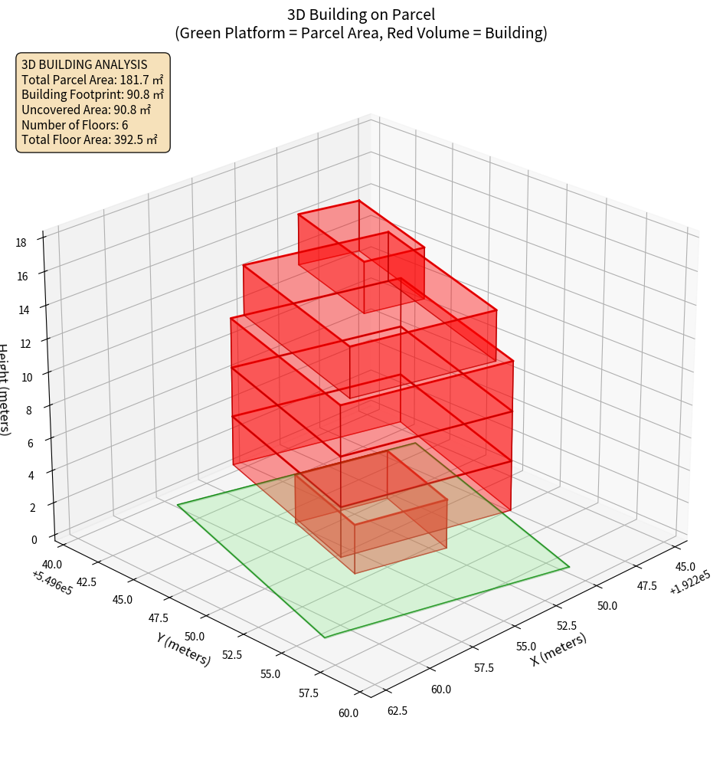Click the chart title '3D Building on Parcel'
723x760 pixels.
pos(361,14)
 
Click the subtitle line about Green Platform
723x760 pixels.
pos(361,33)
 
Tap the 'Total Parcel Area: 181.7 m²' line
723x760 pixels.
pos(93,80)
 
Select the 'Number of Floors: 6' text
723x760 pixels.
pos(75,125)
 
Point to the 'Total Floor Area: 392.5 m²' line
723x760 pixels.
pos(90,140)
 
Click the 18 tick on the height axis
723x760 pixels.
pos(21,243)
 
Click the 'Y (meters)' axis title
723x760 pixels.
pos(184,649)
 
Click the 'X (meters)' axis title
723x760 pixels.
pos(559,649)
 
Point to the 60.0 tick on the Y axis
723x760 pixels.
pos(348,713)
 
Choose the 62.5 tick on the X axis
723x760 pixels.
pos(397,710)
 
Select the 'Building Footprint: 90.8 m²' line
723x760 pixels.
pos(93,95)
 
